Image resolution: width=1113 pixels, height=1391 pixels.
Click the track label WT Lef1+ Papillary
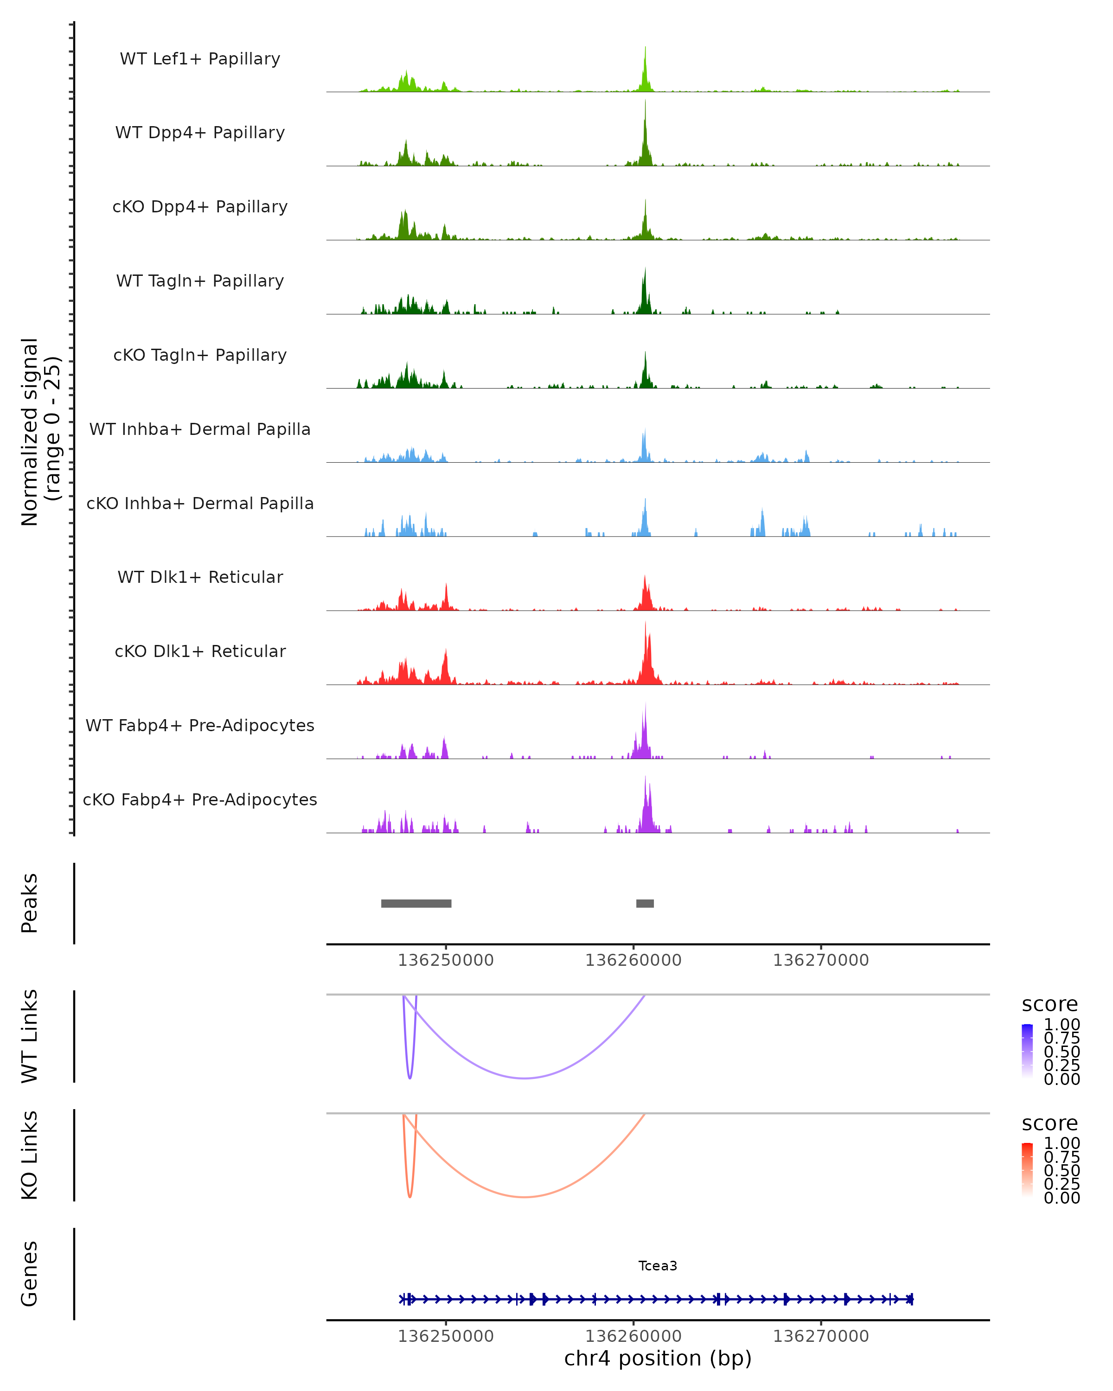click(200, 59)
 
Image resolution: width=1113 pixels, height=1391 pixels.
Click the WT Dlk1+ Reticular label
click(200, 577)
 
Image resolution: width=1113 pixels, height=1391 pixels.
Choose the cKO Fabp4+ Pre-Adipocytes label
click(200, 799)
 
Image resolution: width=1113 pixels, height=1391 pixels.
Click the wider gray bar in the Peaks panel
click(416, 903)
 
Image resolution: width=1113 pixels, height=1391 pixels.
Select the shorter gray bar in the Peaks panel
click(645, 903)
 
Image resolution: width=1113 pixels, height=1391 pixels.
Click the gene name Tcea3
click(658, 1266)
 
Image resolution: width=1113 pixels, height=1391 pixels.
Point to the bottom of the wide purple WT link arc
click(525, 1078)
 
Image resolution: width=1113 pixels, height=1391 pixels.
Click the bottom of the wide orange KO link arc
click(525, 1197)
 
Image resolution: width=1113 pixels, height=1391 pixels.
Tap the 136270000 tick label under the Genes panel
click(821, 1336)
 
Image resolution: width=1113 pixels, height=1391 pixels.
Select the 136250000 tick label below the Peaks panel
click(445, 960)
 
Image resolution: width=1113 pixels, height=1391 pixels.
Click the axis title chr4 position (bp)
click(658, 1358)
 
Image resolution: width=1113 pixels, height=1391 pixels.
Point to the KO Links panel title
click(30, 1155)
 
